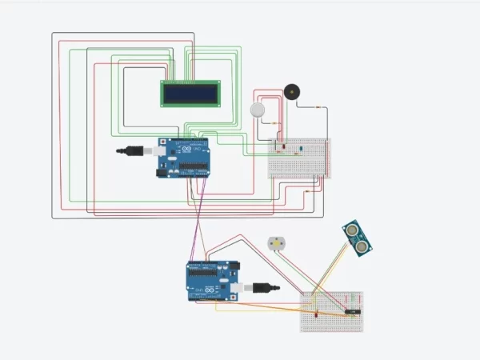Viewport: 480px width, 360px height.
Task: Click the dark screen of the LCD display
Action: [192, 94]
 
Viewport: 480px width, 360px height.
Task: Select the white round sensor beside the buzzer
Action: [258, 110]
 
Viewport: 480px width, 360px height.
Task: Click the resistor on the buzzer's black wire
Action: [319, 107]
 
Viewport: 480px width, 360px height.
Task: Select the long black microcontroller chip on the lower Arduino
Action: [206, 271]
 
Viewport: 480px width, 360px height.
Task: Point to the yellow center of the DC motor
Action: [276, 243]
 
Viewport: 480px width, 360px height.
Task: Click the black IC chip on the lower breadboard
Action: [353, 310]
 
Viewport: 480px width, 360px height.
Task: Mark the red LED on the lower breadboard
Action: [318, 314]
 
